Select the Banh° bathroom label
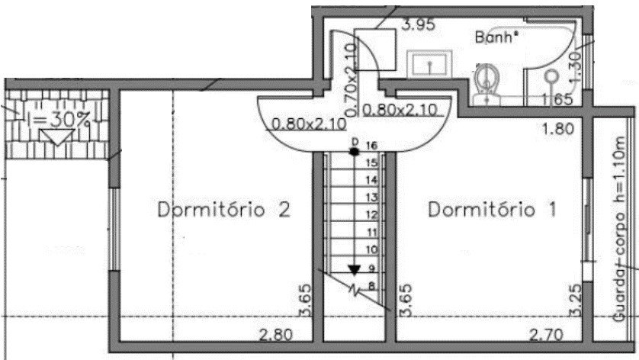497,36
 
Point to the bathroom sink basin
429,65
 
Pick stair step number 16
372,145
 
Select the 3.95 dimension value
418,24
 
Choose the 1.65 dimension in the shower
557,99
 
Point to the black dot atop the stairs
355,151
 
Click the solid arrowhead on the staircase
355,268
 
